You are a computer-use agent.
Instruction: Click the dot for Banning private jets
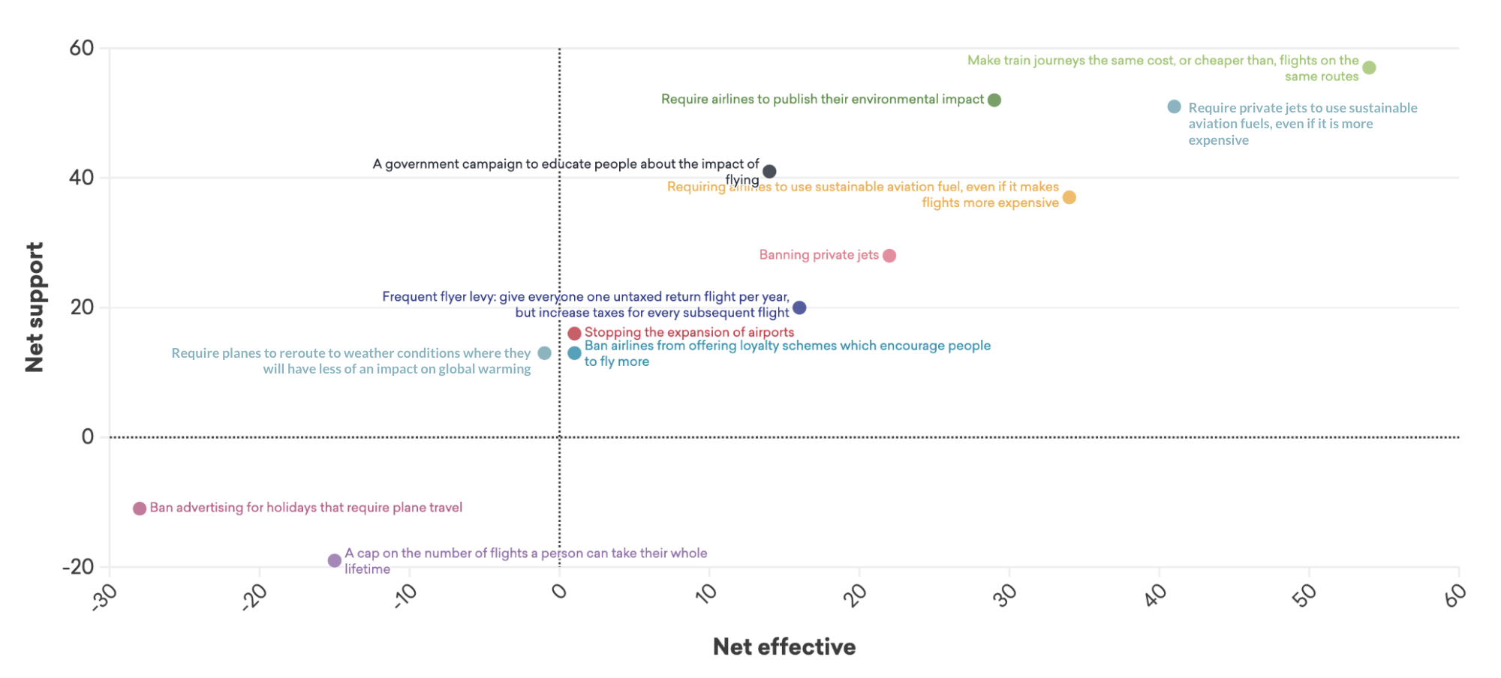(x=889, y=256)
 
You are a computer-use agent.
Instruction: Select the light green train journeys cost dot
(x=1369, y=68)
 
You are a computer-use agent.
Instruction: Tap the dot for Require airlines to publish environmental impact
(x=994, y=100)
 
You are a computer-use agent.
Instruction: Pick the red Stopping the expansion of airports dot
(x=574, y=333)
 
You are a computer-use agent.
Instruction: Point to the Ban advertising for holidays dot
(x=140, y=508)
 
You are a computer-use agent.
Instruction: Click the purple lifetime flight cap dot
(x=335, y=560)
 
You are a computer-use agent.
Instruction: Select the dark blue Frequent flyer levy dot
(x=799, y=307)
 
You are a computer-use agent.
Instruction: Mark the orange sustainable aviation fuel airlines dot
(x=1069, y=197)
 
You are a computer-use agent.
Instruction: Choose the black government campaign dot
(x=769, y=172)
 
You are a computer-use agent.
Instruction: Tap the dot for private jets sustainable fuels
(x=1175, y=107)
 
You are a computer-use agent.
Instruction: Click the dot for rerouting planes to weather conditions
(x=545, y=353)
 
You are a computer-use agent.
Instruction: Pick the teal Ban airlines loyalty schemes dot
(x=574, y=353)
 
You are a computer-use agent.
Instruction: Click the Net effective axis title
(x=784, y=646)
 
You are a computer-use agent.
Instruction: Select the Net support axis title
(x=35, y=307)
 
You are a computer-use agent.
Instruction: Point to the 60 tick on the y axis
(x=82, y=49)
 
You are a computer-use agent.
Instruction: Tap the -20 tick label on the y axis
(x=79, y=567)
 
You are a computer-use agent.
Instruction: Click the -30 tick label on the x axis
(x=104, y=598)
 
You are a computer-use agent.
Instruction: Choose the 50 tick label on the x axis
(x=1304, y=596)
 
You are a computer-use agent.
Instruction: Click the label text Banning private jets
(x=819, y=255)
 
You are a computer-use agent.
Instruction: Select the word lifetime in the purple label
(x=368, y=569)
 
